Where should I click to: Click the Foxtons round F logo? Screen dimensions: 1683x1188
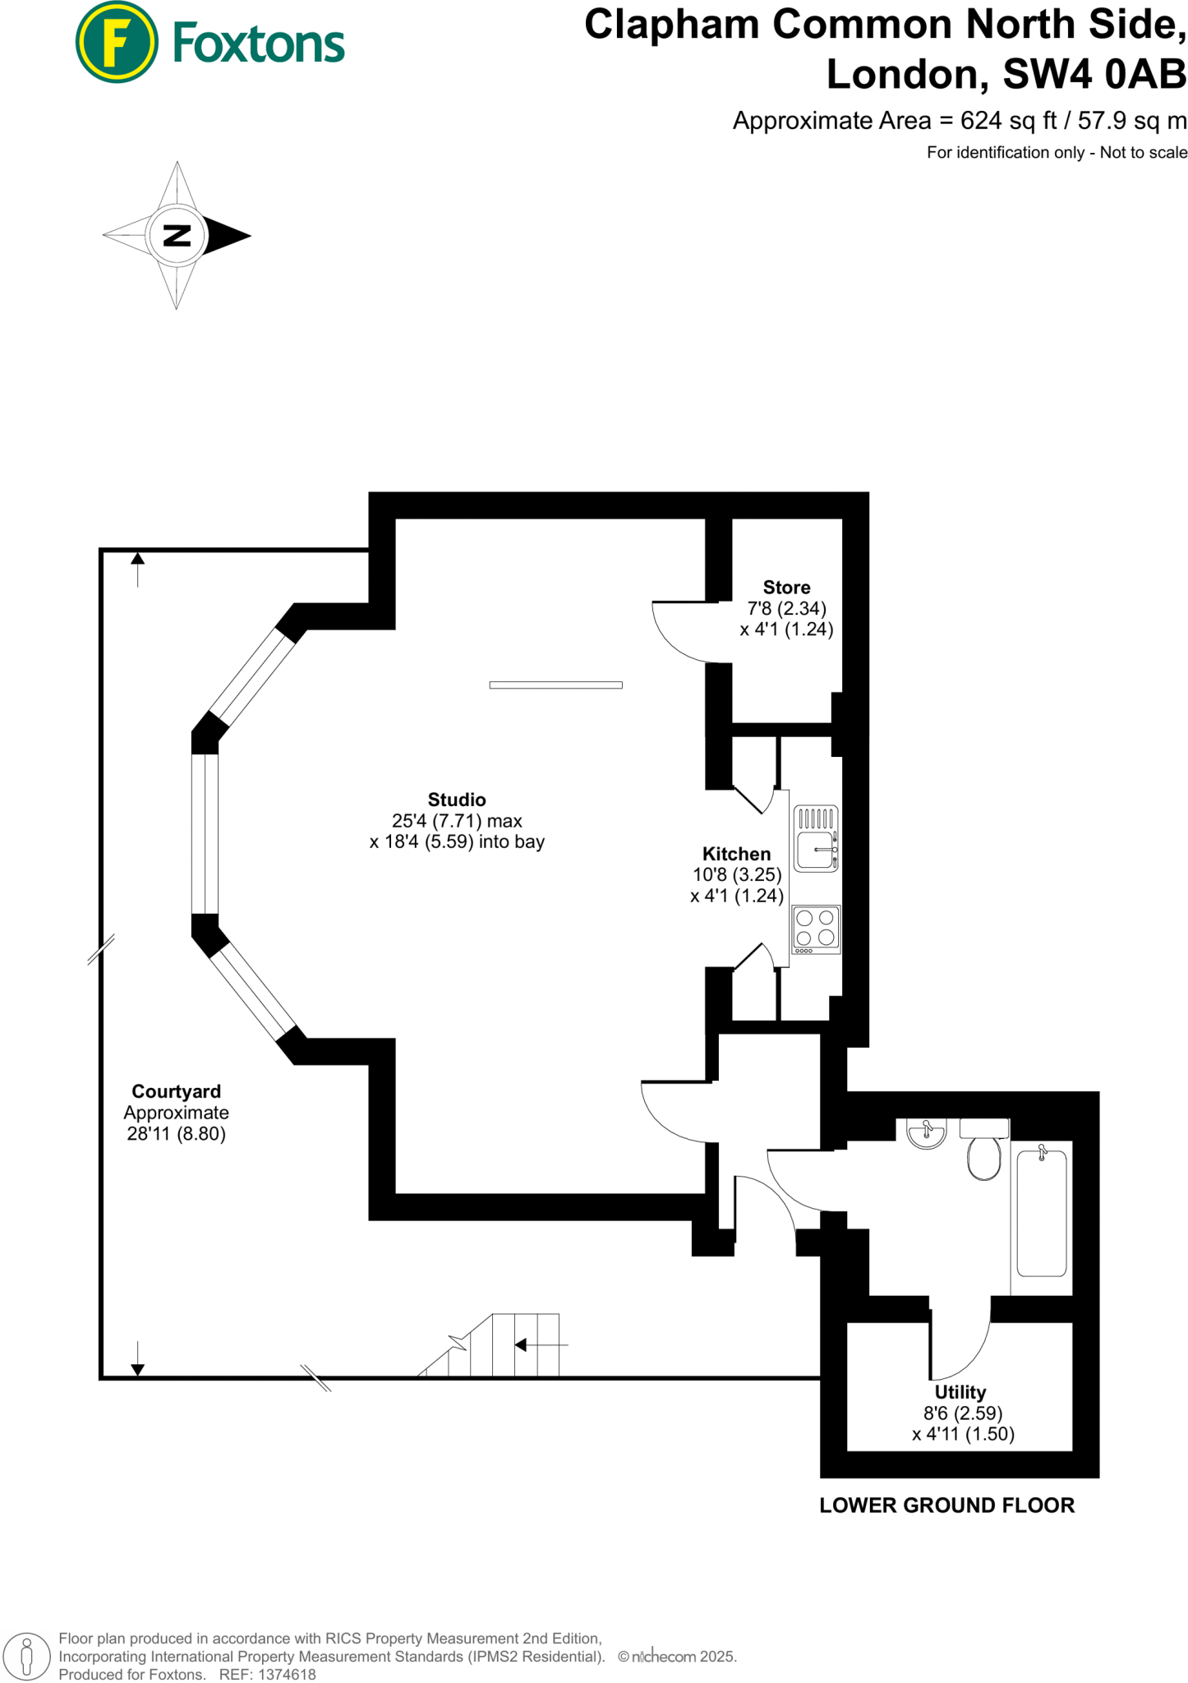pyautogui.click(x=116, y=42)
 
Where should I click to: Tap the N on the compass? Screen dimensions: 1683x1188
pyautogui.click(x=177, y=236)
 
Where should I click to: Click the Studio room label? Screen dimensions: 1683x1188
pyautogui.click(x=457, y=800)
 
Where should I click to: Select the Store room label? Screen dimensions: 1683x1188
pyautogui.click(x=786, y=588)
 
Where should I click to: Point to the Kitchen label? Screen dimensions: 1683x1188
pyautogui.click(x=736, y=854)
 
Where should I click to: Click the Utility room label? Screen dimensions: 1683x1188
pyautogui.click(x=960, y=1392)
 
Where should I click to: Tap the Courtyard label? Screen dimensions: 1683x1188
pyautogui.click(x=176, y=1091)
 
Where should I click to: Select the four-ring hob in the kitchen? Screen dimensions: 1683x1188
pyautogui.click(x=816, y=929)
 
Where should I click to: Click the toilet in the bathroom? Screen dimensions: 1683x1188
pyautogui.click(x=983, y=1155)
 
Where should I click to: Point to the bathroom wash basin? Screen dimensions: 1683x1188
pyautogui.click(x=926, y=1133)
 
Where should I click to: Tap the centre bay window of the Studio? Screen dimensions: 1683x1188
pyautogui.click(x=205, y=833)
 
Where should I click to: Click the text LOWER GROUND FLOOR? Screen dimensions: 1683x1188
pyautogui.click(x=946, y=1505)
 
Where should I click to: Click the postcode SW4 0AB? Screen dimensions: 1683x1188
pyautogui.click(x=1094, y=75)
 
